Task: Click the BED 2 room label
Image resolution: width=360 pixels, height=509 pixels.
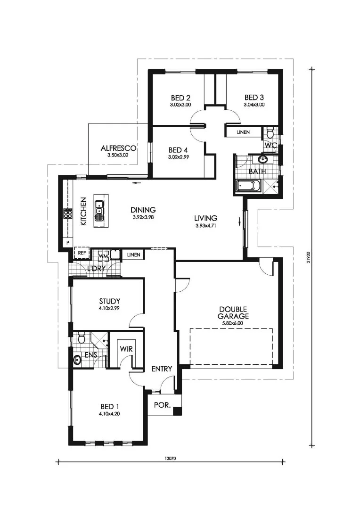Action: (x=180, y=98)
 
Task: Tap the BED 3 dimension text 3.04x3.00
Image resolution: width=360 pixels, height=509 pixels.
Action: (x=254, y=105)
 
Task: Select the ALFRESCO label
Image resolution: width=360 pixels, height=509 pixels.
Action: (x=118, y=148)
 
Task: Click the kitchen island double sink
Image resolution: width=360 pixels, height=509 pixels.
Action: (x=99, y=210)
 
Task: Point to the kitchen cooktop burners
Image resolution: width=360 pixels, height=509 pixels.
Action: (x=68, y=213)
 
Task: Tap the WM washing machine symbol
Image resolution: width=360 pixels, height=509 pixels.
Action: (x=103, y=255)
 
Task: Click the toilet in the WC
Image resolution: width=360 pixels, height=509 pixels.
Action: (x=270, y=132)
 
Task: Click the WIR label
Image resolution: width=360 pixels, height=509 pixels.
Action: (x=126, y=349)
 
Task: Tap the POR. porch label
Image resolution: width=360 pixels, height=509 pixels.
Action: (x=162, y=405)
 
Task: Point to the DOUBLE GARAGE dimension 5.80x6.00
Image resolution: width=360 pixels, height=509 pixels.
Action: (x=233, y=323)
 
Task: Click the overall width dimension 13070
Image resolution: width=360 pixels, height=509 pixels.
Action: (x=170, y=459)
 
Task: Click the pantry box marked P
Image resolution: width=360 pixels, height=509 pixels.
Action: (x=68, y=243)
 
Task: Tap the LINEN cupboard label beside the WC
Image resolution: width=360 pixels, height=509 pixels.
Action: (x=243, y=132)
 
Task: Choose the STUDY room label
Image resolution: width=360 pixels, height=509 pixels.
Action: (x=110, y=301)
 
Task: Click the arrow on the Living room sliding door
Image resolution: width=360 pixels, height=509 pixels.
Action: (x=239, y=222)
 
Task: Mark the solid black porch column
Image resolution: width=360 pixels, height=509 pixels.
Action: (x=177, y=410)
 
